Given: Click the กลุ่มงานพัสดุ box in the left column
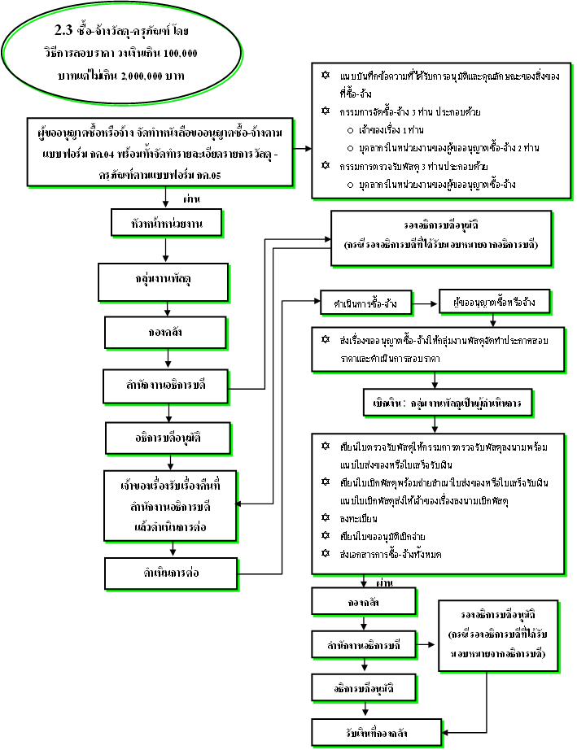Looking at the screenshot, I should [x=166, y=281].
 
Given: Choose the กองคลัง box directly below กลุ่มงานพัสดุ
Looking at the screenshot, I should [x=166, y=332].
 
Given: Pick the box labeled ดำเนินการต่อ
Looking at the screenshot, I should [x=166, y=573].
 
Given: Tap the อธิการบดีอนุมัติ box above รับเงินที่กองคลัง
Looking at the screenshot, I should [x=365, y=688].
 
